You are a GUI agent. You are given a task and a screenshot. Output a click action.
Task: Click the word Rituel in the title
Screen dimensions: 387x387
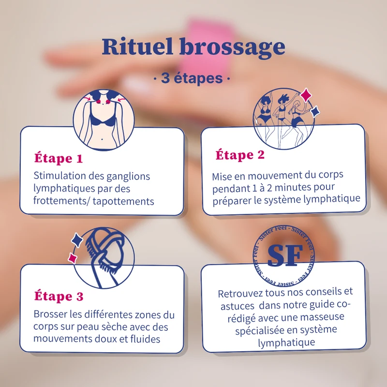click(x=137, y=46)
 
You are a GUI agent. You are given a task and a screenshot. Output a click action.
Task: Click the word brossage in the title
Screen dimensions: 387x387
click(x=232, y=48)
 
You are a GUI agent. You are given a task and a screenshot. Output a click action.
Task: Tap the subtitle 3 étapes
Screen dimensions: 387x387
click(x=192, y=78)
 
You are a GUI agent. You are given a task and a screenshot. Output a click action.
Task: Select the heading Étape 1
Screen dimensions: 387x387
click(x=59, y=158)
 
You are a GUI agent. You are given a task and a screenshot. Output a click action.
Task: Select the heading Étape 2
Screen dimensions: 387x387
click(x=240, y=155)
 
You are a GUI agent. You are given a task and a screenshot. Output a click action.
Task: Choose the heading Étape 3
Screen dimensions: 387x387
click(x=59, y=296)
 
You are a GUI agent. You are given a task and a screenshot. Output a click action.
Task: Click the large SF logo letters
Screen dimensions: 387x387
click(x=285, y=256)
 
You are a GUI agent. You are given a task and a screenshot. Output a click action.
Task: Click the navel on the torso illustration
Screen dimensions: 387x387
click(x=102, y=139)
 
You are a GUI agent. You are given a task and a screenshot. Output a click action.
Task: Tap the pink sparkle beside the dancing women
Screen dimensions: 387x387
click(x=306, y=95)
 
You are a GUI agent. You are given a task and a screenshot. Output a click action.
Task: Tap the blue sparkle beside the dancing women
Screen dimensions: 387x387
click(x=315, y=112)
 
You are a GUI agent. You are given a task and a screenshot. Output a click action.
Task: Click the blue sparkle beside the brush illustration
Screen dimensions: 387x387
click(x=77, y=240)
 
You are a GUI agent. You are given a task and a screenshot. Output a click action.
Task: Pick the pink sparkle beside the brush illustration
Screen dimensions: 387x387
click(x=73, y=258)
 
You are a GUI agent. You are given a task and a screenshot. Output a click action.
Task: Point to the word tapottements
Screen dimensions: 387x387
click(x=123, y=202)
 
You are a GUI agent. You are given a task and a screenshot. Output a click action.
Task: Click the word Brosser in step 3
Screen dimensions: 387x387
click(x=50, y=314)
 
